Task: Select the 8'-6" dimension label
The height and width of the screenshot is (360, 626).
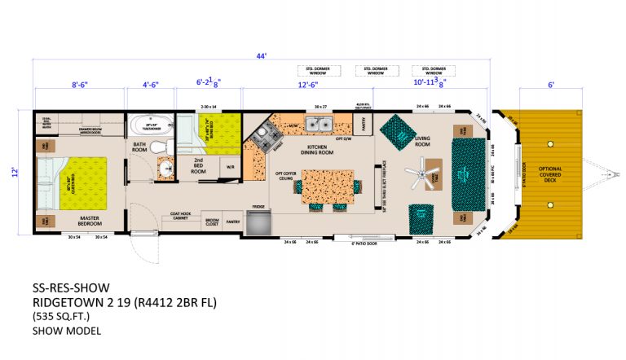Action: point(79,84)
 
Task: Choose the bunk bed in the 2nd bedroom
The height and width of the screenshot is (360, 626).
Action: point(216,131)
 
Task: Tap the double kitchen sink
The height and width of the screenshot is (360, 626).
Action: point(319,125)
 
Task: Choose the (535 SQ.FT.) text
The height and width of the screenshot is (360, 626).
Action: point(61,315)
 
